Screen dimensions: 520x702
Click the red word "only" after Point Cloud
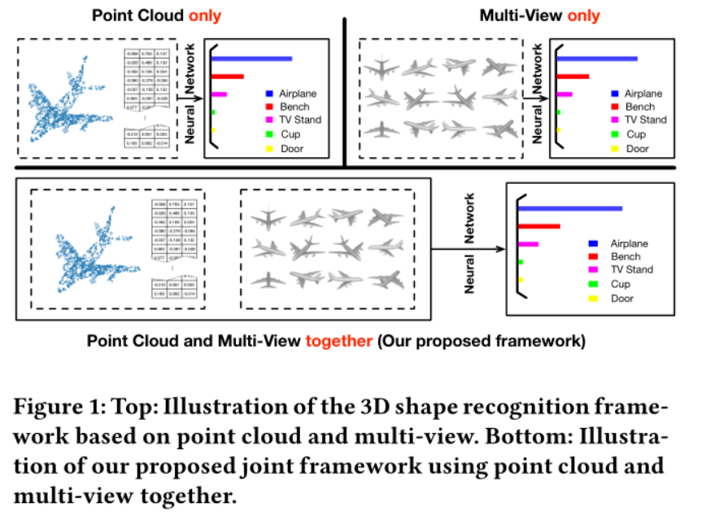(204, 15)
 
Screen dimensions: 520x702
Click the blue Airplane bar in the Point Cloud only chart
(253, 59)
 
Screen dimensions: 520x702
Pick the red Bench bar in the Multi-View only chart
(573, 76)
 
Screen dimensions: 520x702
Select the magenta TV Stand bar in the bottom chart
(529, 244)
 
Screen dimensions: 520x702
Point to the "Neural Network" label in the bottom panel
(469, 243)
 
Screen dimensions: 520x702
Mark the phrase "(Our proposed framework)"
(480, 340)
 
